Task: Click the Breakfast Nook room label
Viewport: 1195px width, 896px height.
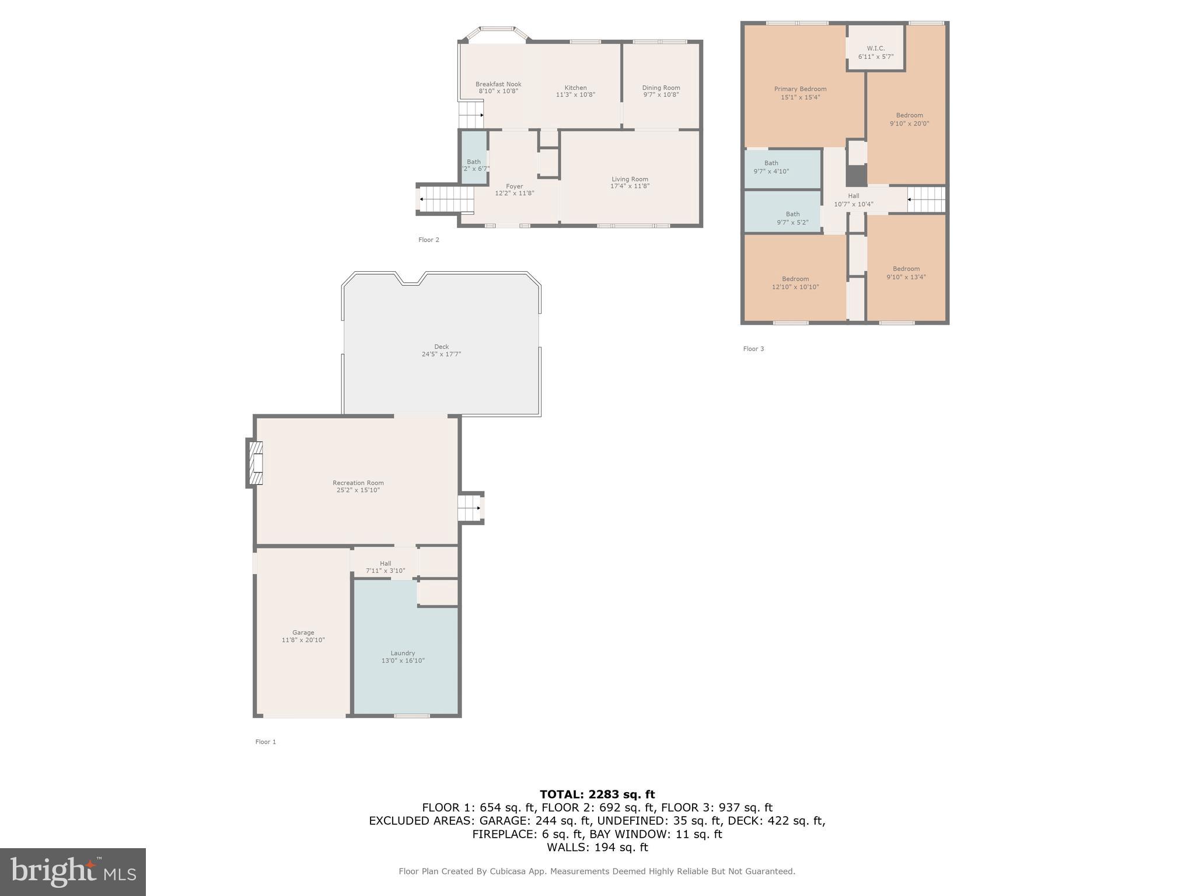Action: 498,87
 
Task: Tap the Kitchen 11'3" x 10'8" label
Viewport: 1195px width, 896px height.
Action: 575,91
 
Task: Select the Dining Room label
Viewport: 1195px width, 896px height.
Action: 661,91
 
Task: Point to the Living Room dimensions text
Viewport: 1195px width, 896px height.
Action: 630,187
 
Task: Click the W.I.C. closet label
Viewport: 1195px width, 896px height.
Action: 875,52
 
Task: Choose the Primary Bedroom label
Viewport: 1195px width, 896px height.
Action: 800,93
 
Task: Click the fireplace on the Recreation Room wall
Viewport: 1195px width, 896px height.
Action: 256,463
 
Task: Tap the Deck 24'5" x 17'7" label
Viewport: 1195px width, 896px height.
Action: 441,350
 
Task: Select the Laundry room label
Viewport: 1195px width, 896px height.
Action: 403,657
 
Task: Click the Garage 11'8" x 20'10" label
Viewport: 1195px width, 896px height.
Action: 303,636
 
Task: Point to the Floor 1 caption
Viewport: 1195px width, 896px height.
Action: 265,742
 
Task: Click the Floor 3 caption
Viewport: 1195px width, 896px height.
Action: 753,349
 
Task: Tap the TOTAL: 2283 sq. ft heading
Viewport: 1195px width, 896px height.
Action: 597,794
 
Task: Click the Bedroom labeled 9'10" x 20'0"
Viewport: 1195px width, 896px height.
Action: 909,119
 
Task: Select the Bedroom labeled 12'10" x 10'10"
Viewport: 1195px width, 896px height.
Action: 795,283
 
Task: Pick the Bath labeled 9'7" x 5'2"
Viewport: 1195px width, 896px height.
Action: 792,218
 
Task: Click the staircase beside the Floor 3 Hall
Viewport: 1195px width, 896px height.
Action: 926,199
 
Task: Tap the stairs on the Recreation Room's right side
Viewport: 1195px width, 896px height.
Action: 469,508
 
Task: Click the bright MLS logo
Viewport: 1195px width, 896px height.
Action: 73,871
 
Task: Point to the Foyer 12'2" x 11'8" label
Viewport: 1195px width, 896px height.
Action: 514,190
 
